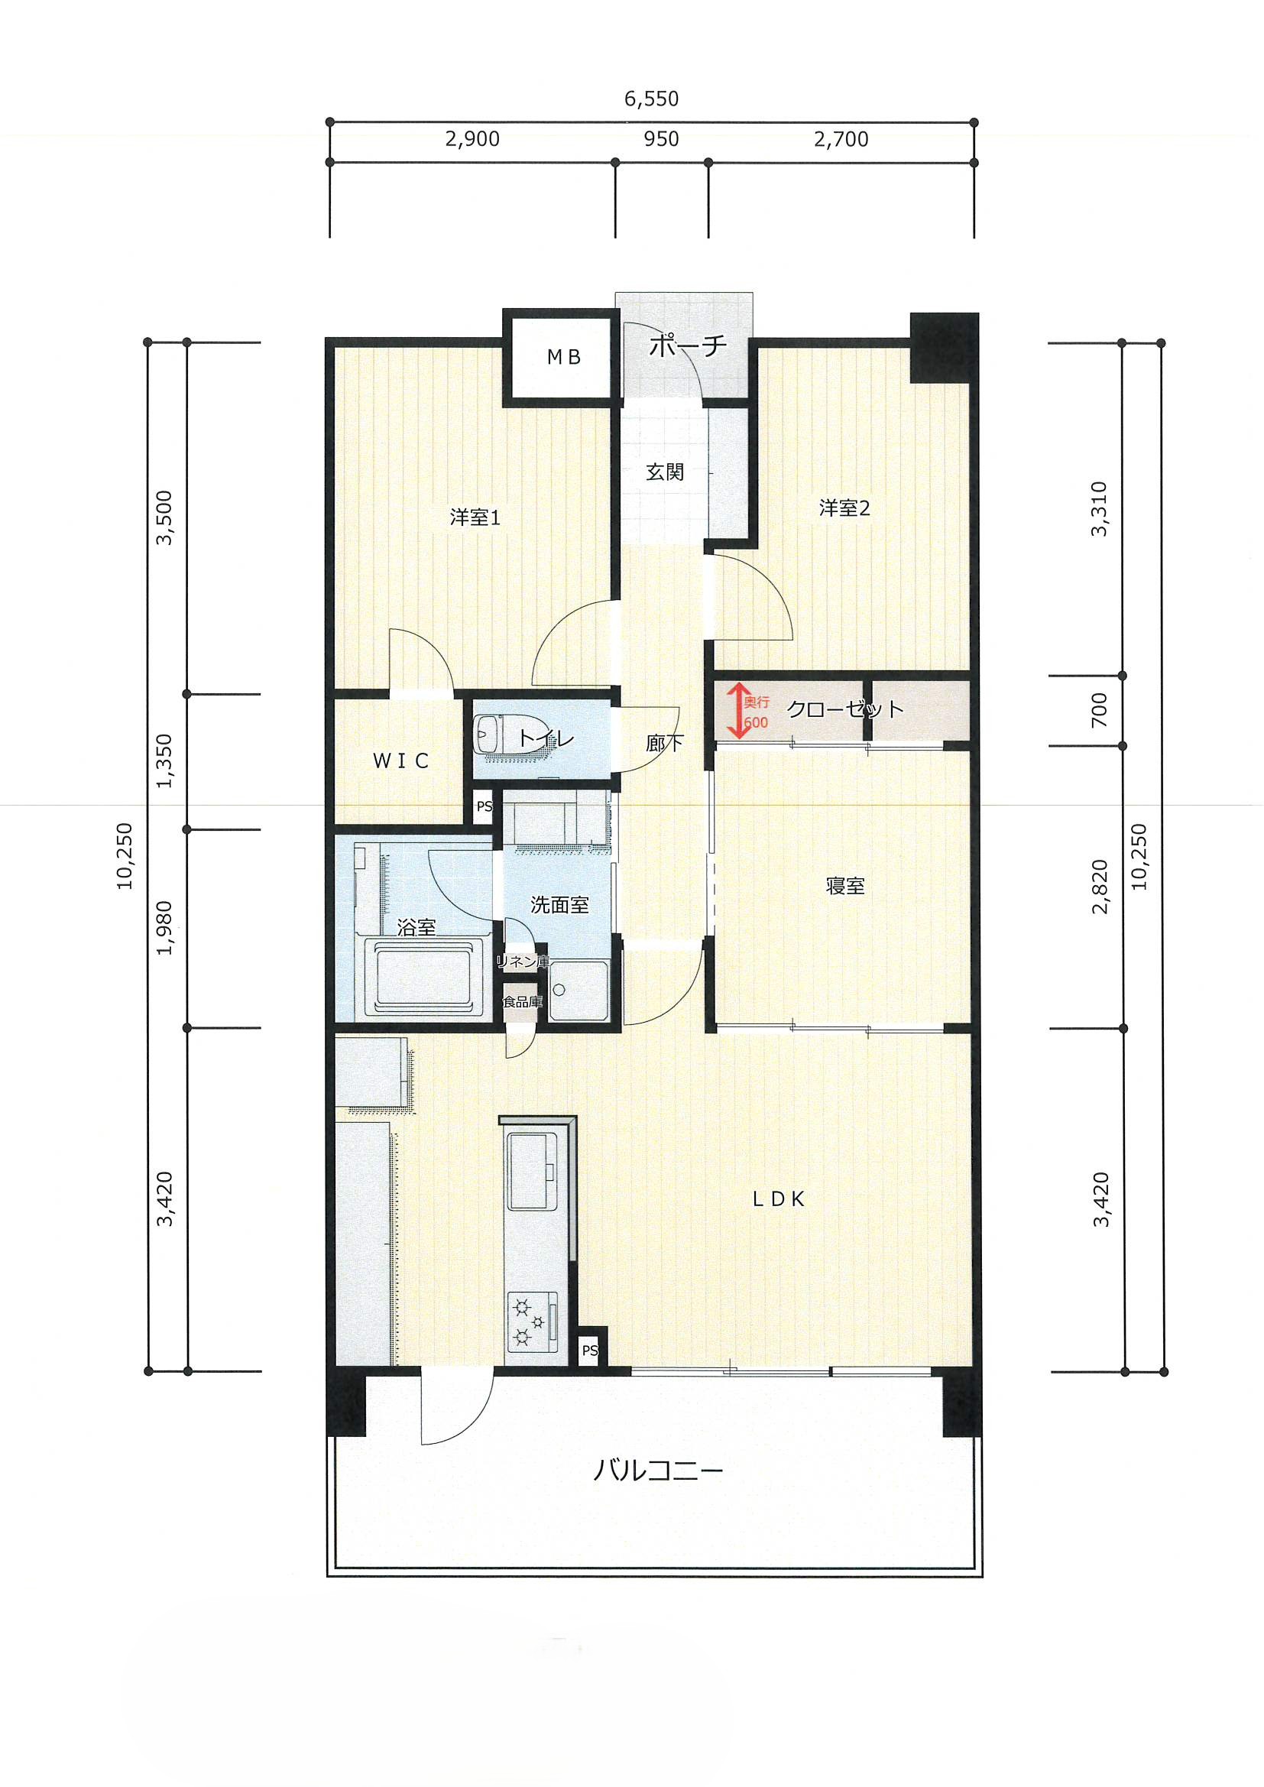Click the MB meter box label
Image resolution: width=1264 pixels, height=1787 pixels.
click(564, 357)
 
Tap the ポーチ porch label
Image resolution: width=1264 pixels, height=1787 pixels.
click(688, 345)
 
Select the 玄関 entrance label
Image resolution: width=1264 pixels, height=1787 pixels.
click(665, 472)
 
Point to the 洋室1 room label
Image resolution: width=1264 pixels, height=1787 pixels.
click(475, 517)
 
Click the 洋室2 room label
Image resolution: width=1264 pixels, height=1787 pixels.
click(844, 508)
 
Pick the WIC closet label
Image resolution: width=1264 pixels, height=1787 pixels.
click(401, 761)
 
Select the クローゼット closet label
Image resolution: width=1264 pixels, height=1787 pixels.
click(845, 709)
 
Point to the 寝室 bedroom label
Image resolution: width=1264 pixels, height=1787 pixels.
click(845, 886)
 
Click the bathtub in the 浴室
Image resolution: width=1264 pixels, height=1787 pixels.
click(425, 979)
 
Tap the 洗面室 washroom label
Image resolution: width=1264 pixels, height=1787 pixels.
click(559, 904)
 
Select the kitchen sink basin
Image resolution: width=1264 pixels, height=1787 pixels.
click(533, 1172)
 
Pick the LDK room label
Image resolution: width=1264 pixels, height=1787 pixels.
click(778, 1199)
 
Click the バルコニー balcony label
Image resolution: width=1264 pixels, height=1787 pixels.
click(659, 1471)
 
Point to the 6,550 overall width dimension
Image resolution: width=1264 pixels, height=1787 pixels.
click(651, 99)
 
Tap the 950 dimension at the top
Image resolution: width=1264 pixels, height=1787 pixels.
click(662, 139)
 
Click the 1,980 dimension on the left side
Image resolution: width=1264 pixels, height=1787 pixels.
click(164, 928)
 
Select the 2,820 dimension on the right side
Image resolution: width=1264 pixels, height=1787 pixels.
click(1100, 887)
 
